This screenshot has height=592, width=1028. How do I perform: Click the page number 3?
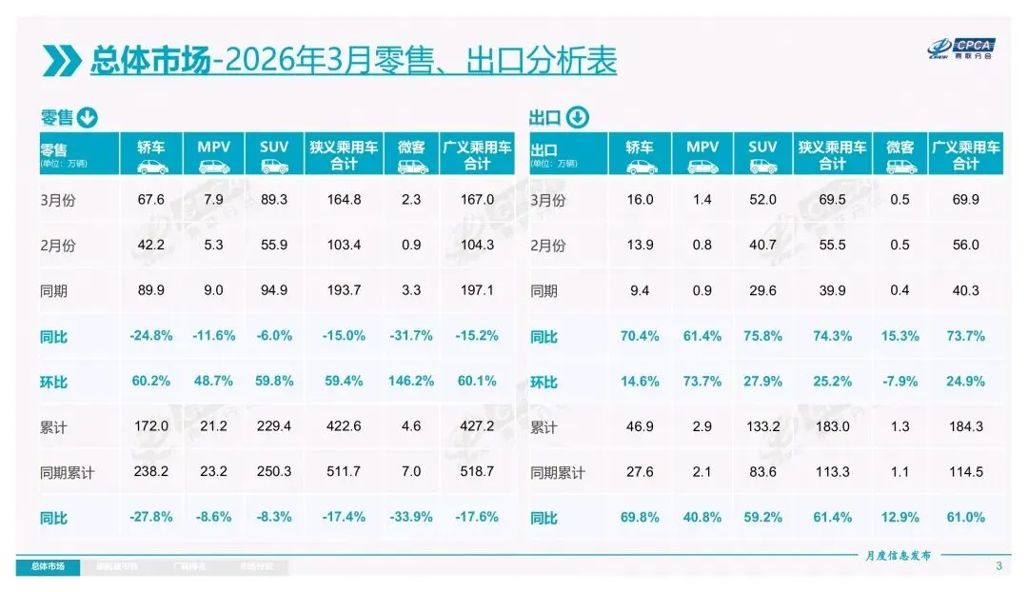[998, 566]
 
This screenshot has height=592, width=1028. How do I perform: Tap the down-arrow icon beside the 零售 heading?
[87, 118]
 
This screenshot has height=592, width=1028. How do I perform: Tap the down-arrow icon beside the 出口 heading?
[577, 118]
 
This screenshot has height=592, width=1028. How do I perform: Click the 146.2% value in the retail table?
[411, 382]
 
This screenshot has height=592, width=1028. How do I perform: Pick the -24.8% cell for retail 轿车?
[150, 336]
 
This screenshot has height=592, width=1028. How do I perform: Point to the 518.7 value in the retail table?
[476, 472]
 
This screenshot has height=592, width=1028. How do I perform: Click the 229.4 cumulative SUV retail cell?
[274, 427]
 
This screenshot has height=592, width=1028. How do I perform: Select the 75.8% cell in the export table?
[763, 336]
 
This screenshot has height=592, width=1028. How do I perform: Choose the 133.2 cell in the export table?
[763, 427]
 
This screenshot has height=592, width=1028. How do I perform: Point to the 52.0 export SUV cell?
[763, 200]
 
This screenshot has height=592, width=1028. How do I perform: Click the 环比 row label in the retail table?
[54, 382]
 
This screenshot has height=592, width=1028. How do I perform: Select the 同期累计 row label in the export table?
[557, 472]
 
